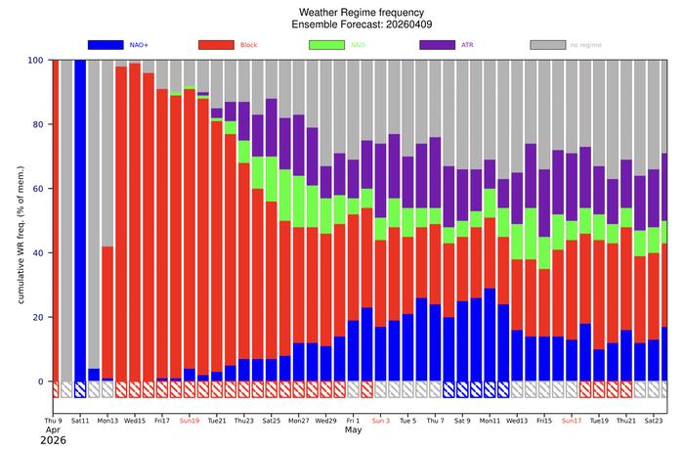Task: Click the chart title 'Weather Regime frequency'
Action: coord(360,10)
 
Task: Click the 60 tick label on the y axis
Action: coord(37,189)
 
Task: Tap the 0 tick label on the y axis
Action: coord(41,382)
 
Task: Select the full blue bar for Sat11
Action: coord(80,220)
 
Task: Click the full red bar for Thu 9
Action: coord(55,220)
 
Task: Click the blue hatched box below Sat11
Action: coord(80,389)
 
